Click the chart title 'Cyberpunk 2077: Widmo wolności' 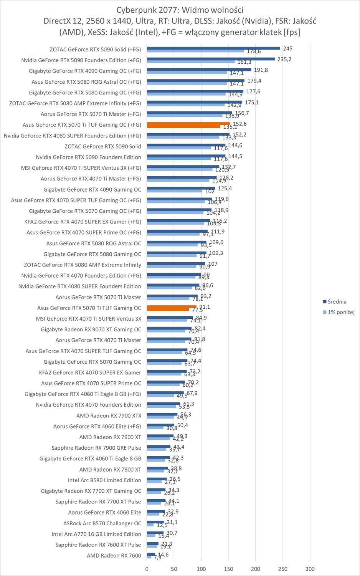pos(180,9)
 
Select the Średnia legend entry pos(337,301)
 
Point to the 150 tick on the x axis pos(228,569)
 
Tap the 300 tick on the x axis pos(310,569)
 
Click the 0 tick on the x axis pos(147,569)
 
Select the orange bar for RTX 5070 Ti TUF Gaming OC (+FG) pos(188,124)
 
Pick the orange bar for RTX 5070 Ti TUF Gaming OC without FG pos(172,307)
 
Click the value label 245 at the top pos(287,48)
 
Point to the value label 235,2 pos(284,59)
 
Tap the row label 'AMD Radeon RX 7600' pos(114,555)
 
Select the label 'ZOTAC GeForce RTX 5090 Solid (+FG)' pos(95,50)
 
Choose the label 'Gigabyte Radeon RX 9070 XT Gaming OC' pos(91,329)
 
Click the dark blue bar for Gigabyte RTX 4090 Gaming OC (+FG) pos(199,70)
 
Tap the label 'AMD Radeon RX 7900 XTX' pos(109,415)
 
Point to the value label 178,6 pos(254,51)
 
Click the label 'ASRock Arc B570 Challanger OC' pos(102,523)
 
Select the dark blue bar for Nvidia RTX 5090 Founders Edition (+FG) pos(211,59)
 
